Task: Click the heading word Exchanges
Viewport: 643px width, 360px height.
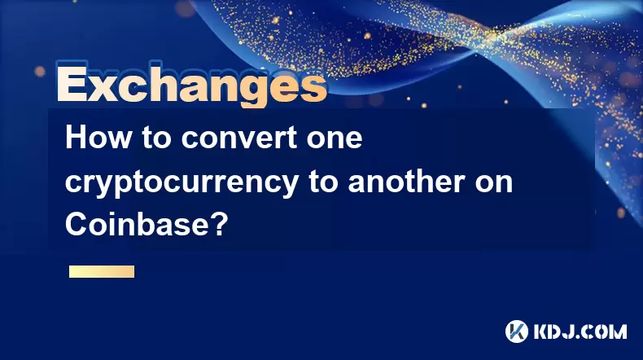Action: point(192,85)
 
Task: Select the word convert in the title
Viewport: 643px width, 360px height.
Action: point(239,138)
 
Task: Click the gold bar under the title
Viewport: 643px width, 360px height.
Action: point(102,272)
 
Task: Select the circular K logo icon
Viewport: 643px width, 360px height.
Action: point(517,331)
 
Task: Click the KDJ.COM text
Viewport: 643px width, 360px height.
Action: point(580,331)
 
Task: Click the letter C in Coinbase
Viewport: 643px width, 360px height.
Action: point(76,225)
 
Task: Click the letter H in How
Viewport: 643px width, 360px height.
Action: point(76,138)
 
